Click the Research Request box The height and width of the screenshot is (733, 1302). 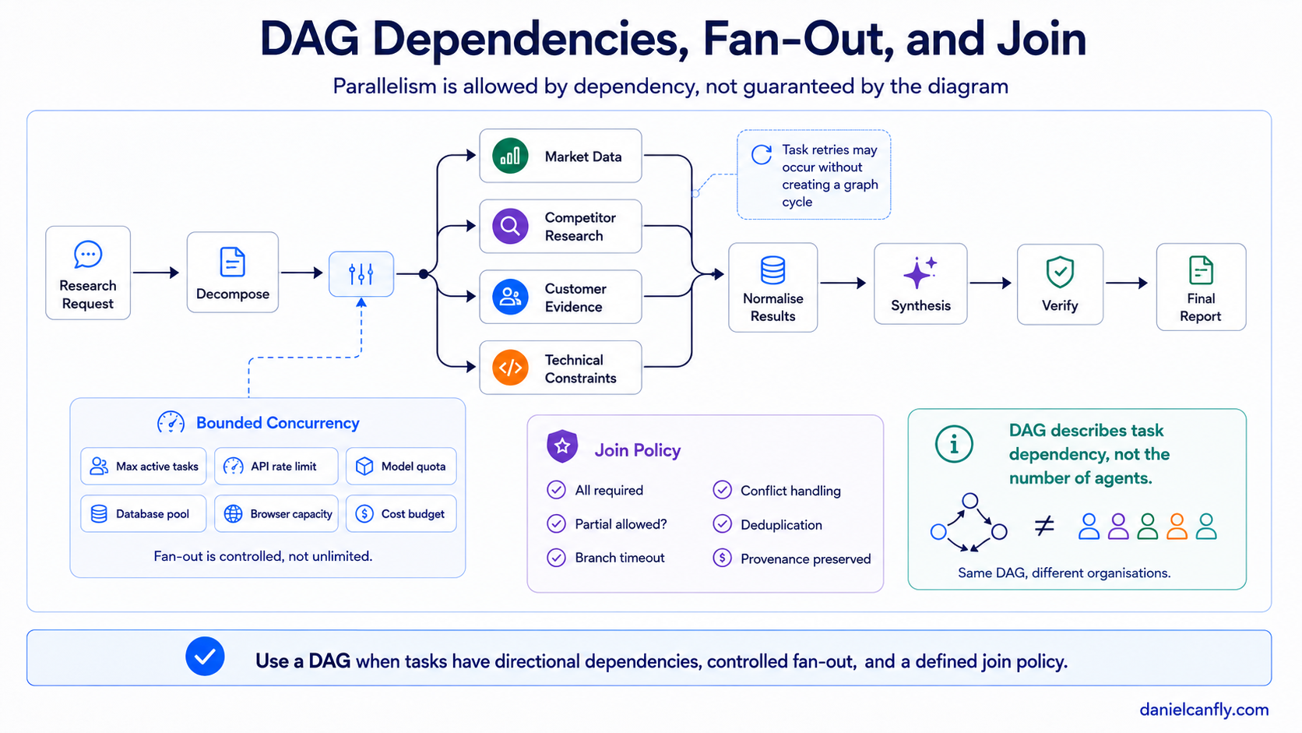[88, 273]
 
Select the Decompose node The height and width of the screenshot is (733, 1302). [233, 272]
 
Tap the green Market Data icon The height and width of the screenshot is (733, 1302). [510, 156]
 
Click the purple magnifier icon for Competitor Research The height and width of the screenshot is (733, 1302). [510, 226]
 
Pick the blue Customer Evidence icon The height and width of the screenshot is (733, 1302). [510, 297]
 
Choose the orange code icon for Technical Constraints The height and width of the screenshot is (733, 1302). [510, 368]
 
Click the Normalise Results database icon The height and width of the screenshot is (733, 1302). [772, 270]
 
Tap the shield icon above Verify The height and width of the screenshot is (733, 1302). [1060, 271]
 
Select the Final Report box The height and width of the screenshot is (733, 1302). [1201, 287]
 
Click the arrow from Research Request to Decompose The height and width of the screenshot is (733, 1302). [156, 273]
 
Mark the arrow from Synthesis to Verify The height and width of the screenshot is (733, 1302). [991, 283]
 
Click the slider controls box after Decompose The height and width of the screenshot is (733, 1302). [361, 273]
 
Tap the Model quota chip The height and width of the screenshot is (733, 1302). [401, 466]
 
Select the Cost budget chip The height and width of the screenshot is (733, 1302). [401, 514]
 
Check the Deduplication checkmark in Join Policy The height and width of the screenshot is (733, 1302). [722, 524]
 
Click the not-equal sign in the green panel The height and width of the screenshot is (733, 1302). [1044, 526]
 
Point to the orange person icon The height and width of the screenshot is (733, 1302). [1177, 527]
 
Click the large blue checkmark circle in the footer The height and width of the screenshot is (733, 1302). [205, 656]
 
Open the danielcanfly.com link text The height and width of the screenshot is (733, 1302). [1204, 710]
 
